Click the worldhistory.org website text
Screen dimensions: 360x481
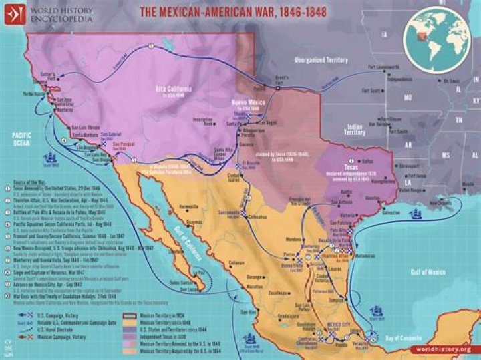(x=444, y=349)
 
